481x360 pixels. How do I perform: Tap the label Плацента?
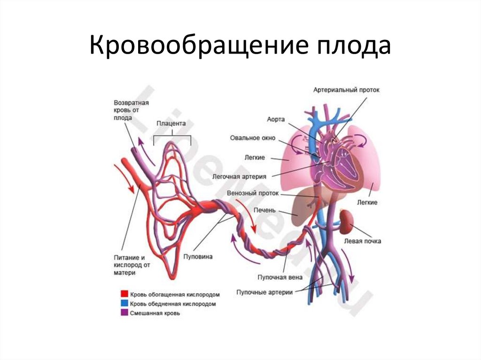[171, 124]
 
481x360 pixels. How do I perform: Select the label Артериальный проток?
[347, 89]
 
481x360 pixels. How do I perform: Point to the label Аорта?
[276, 120]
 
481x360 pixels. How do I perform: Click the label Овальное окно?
[252, 138]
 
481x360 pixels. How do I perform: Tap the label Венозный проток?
[253, 193]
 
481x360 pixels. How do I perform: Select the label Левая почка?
[362, 241]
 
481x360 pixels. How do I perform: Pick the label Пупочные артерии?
[265, 292]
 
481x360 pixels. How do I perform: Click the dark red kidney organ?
[348, 221]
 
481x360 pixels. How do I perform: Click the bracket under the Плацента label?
[172, 135]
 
